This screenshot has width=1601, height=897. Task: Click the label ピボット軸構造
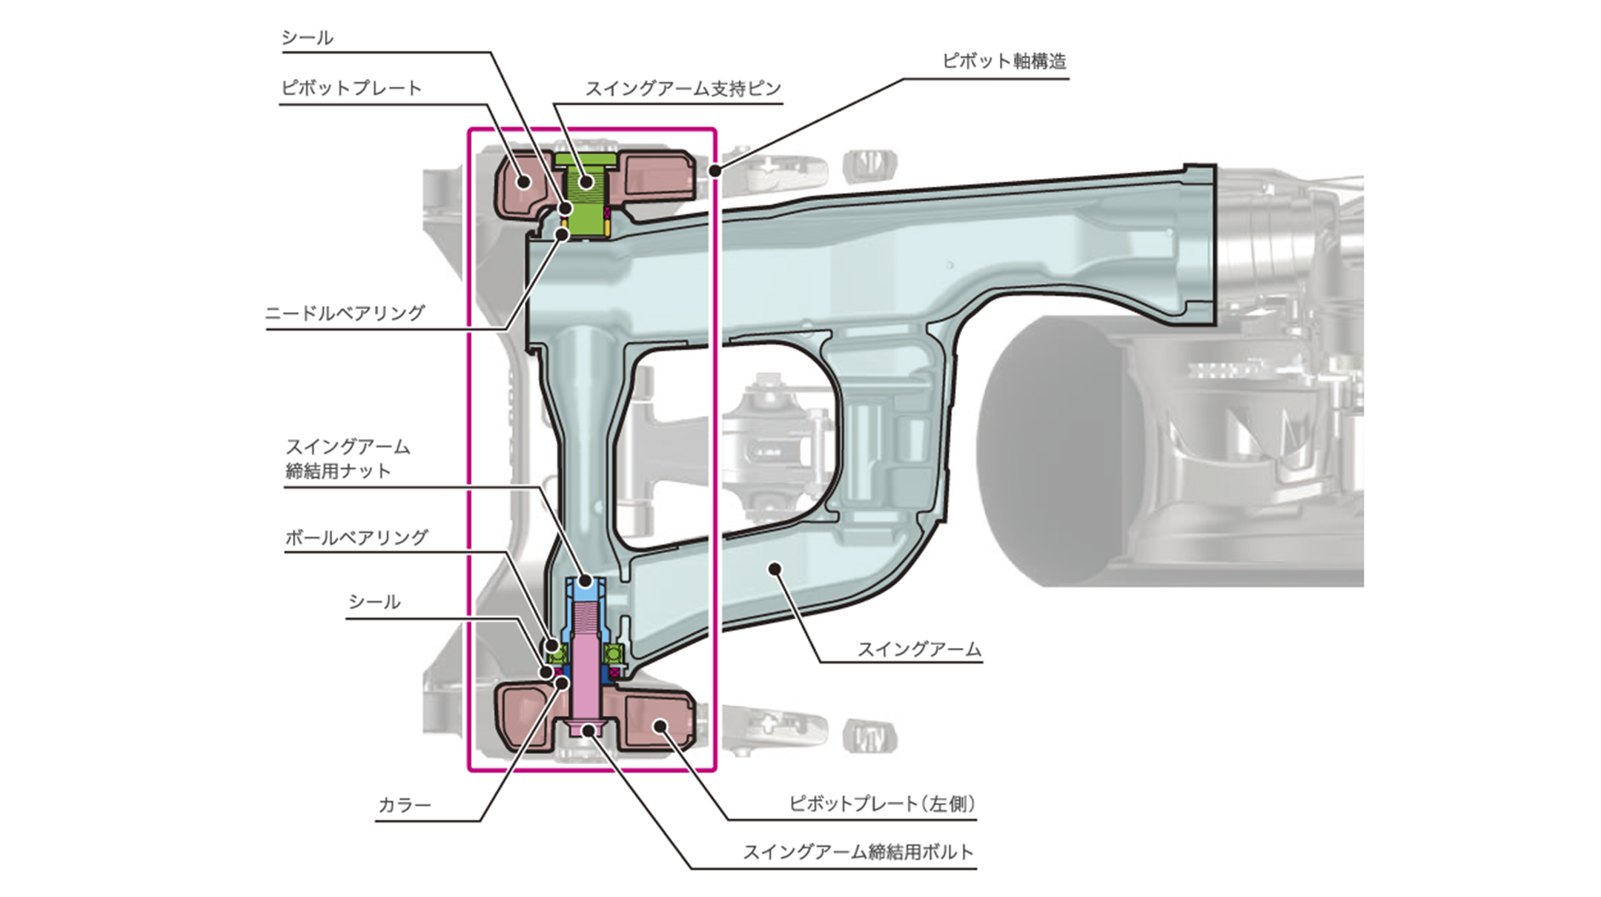coord(1004,61)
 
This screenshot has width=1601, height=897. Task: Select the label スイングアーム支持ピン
coord(683,89)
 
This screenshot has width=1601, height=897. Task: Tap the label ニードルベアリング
coord(345,313)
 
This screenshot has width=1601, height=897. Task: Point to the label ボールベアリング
coord(357,537)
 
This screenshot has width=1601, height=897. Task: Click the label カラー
coord(404,805)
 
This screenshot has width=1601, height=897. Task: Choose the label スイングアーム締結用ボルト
coord(858,853)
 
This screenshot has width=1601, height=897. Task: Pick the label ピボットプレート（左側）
coord(882,804)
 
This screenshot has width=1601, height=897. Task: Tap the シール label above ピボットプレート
coord(307,38)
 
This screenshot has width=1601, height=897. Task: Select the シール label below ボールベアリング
coord(374,602)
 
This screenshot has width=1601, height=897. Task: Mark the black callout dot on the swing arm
coord(775,569)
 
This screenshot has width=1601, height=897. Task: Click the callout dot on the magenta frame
coord(715,171)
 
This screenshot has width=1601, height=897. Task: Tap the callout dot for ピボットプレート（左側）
coord(658,726)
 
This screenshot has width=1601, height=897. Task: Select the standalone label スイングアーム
coord(919,649)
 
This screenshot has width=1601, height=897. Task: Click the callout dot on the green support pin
coord(587,180)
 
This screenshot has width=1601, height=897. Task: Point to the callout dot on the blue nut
coord(586,581)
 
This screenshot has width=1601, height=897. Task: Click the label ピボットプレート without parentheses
coord(351,88)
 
